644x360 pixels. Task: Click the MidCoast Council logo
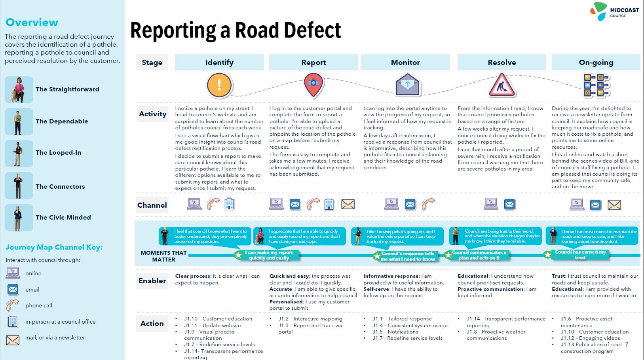[x=614, y=11]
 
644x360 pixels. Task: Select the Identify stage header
[x=219, y=63]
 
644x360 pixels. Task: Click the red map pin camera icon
[x=313, y=85]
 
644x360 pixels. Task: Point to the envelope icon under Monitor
[x=407, y=85]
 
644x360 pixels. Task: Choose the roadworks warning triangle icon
[x=502, y=85]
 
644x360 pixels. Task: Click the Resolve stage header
[x=502, y=63]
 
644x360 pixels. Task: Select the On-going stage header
[x=596, y=63]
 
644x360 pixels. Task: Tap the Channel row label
[x=152, y=205]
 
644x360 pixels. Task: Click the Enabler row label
[x=152, y=281]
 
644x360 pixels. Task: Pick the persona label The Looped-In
[x=58, y=153]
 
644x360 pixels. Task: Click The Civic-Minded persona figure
[x=19, y=218]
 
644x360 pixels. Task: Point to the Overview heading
[x=32, y=23]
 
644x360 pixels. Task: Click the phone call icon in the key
[x=12, y=305]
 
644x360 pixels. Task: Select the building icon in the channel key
[x=12, y=322]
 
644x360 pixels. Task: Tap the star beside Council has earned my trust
[x=547, y=255]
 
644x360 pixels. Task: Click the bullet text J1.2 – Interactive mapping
[x=310, y=319]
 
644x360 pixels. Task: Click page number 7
[x=627, y=345]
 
